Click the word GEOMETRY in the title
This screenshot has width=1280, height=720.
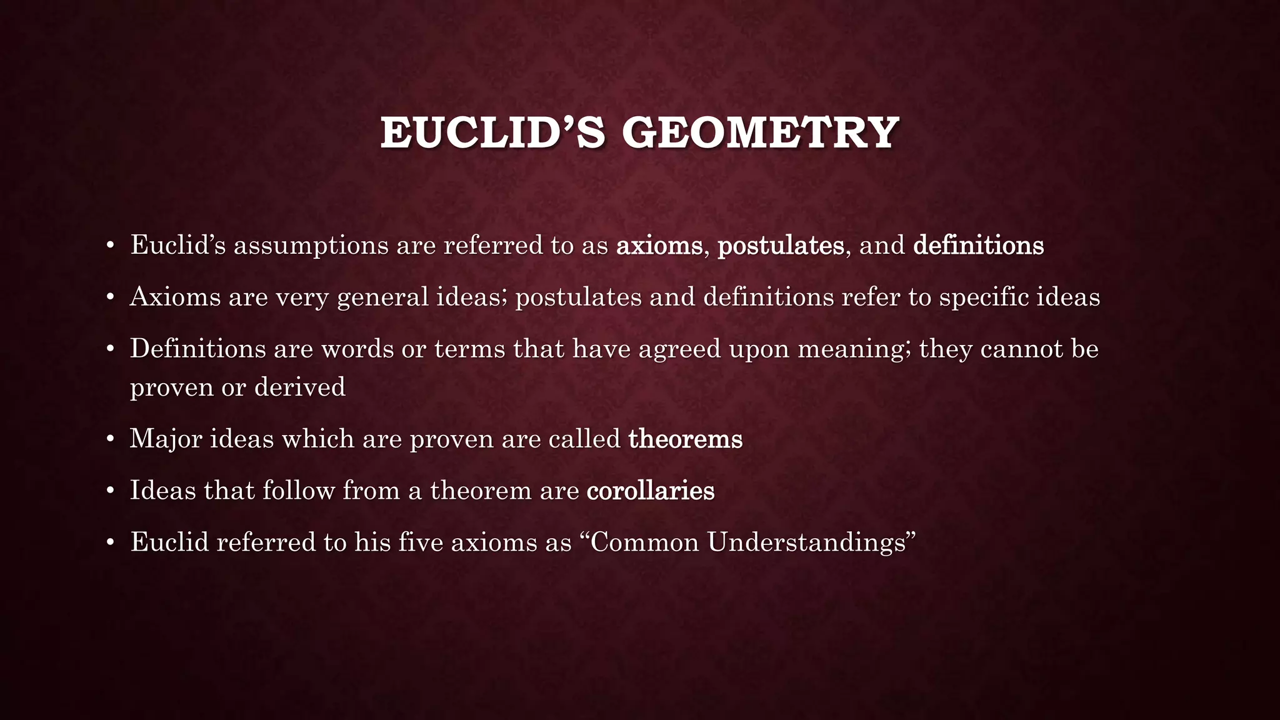(x=760, y=133)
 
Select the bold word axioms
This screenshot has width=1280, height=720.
(x=659, y=245)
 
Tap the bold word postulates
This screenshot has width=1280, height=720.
(x=781, y=245)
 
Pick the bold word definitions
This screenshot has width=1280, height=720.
(x=978, y=245)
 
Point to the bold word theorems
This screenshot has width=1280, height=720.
(x=685, y=439)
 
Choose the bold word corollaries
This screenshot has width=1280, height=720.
(x=650, y=491)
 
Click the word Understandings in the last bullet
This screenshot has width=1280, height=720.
(x=807, y=542)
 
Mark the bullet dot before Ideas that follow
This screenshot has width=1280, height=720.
(x=110, y=491)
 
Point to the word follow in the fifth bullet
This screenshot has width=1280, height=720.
(x=298, y=490)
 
